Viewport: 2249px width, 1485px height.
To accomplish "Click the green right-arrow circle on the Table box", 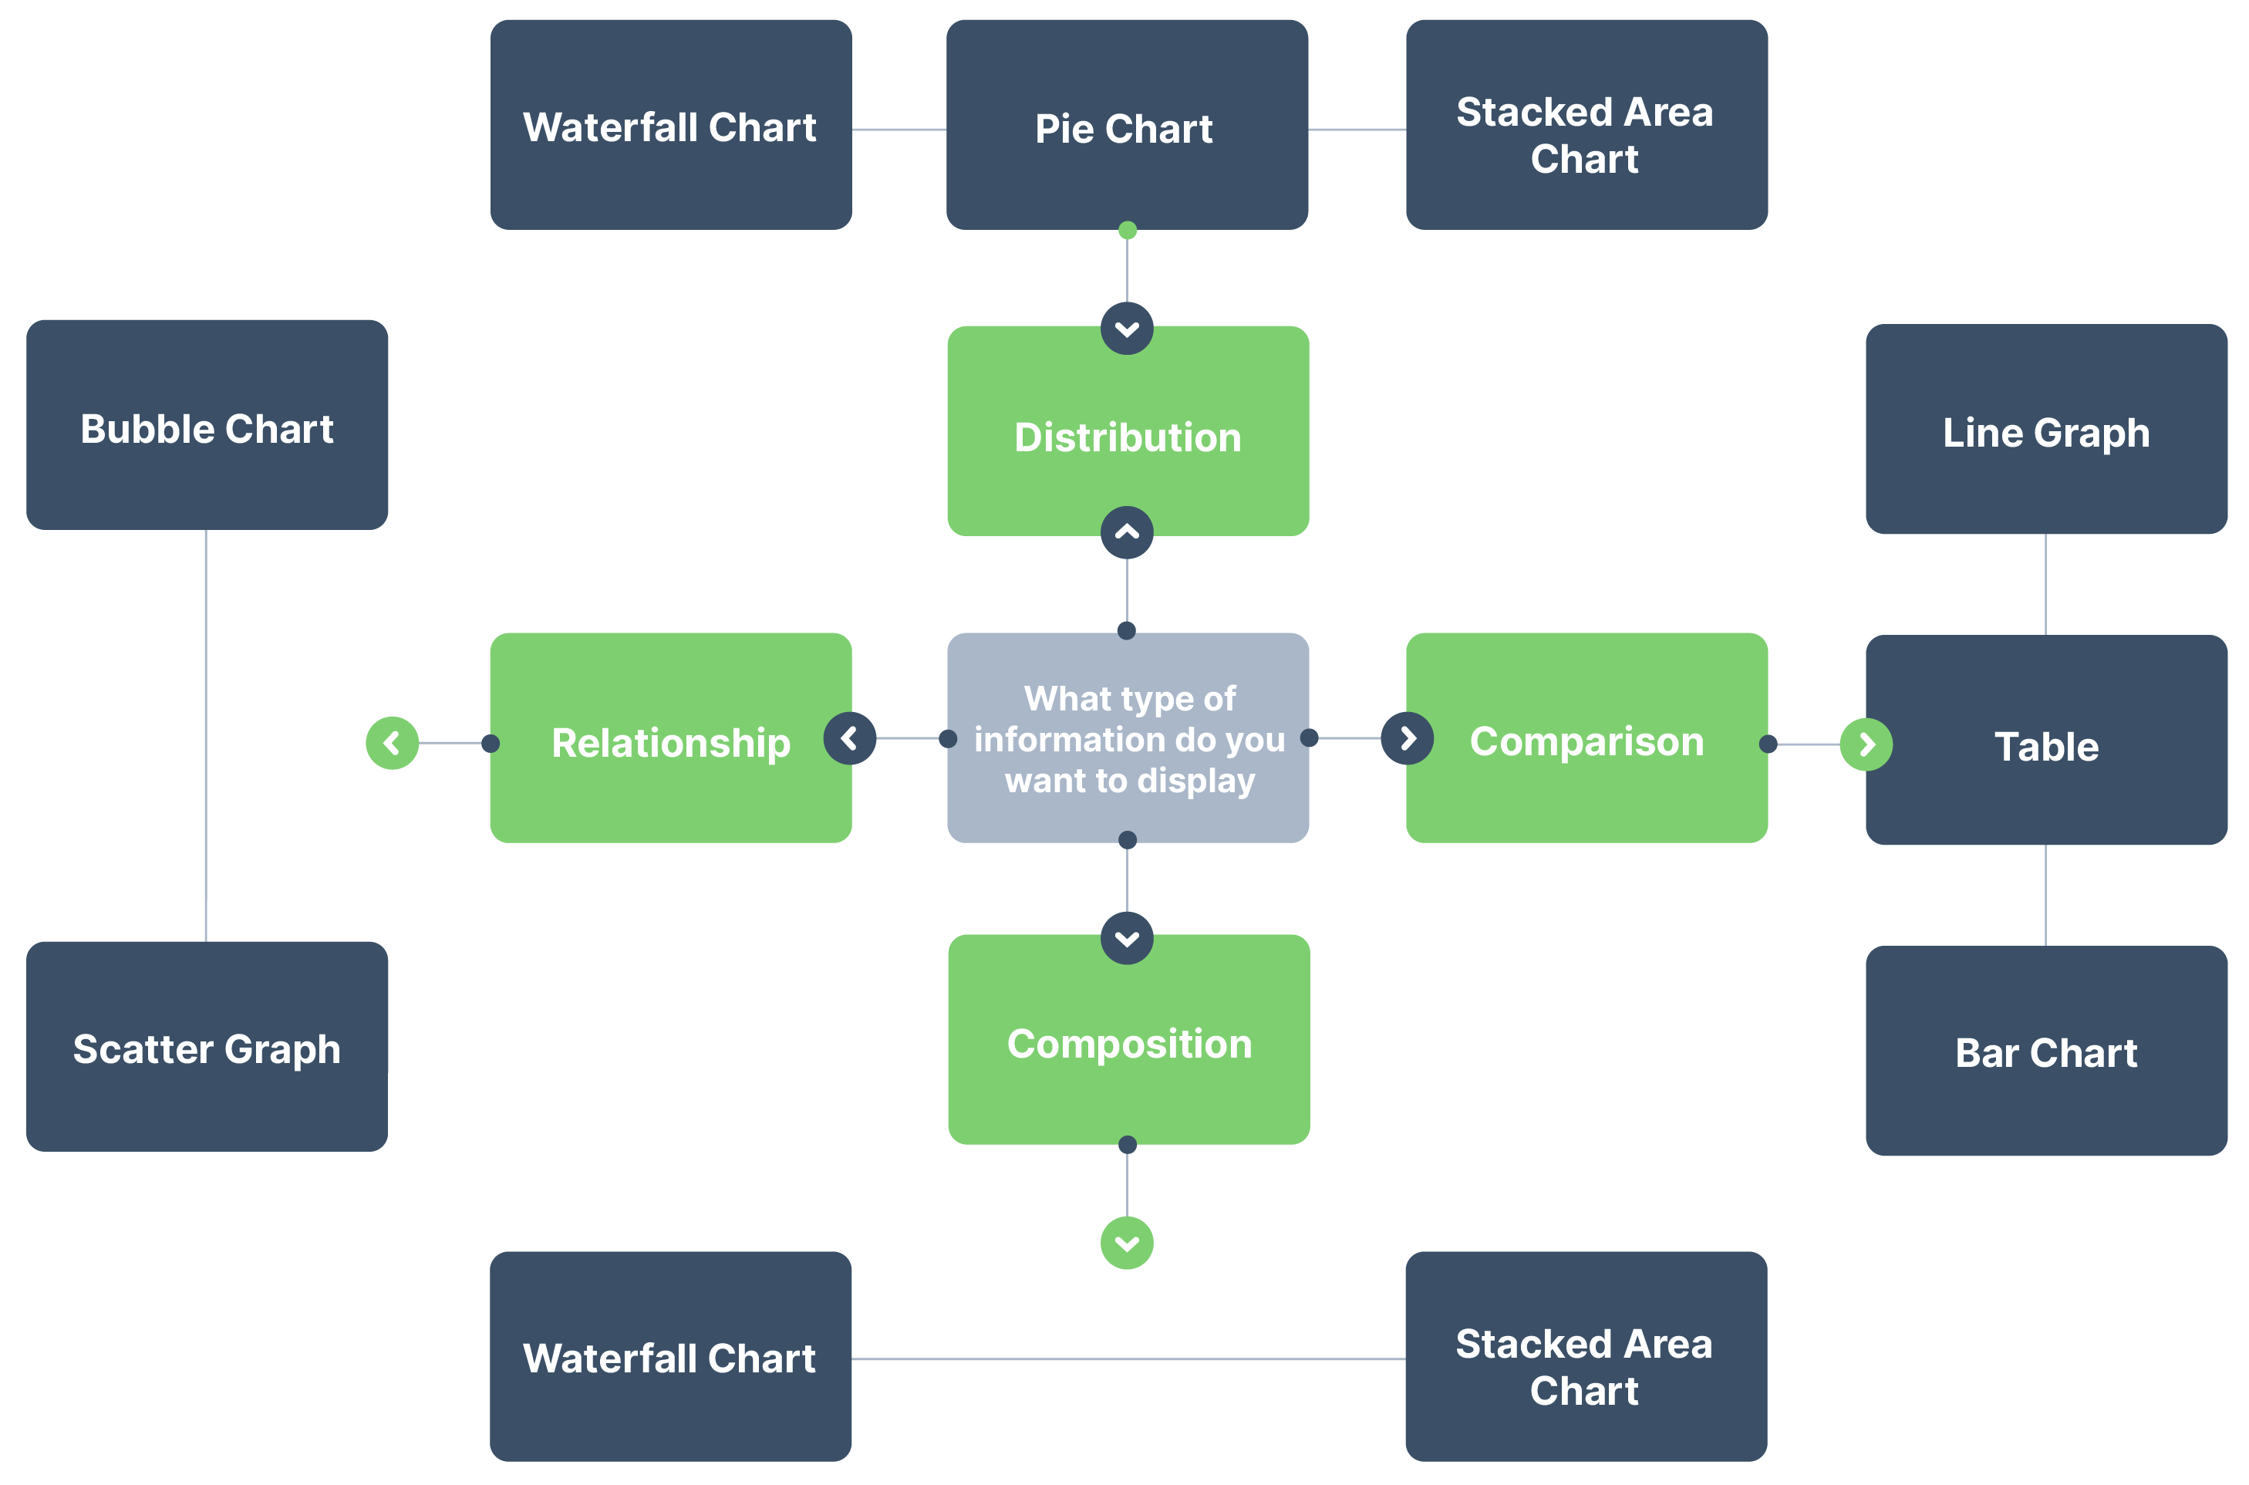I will click(x=1865, y=744).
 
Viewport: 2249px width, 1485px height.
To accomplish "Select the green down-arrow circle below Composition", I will click(x=1126, y=1243).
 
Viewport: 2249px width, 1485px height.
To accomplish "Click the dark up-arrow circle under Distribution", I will click(x=1126, y=532).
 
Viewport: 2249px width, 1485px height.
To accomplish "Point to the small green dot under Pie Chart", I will click(x=1126, y=230).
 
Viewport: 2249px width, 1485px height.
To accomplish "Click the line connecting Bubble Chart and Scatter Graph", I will click(x=205, y=734).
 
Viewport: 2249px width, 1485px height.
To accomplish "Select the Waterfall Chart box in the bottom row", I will click(x=669, y=1356).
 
